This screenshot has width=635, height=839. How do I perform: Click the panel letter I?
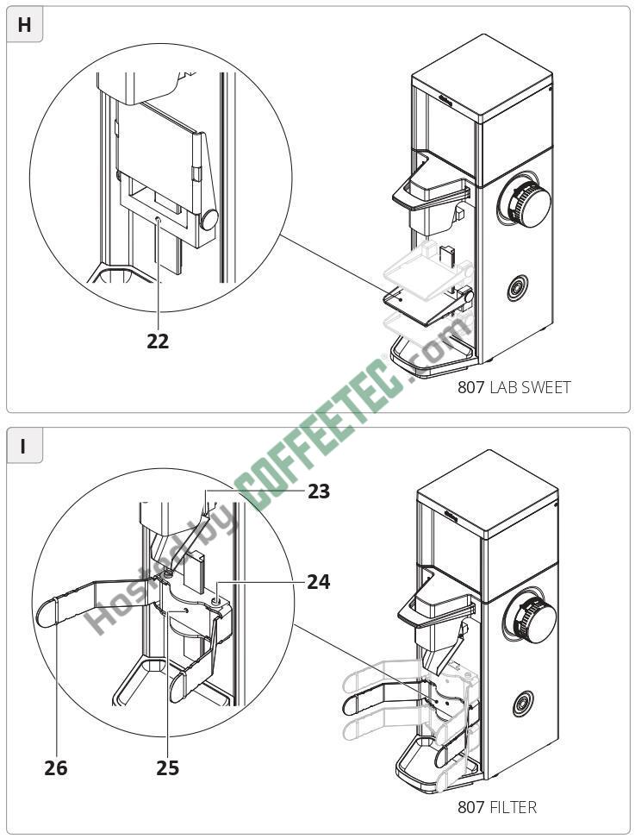click(x=24, y=447)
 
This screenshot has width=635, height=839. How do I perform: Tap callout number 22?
click(x=158, y=341)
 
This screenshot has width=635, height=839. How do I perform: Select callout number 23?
click(x=319, y=492)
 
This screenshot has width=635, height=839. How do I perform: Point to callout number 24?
click(x=319, y=582)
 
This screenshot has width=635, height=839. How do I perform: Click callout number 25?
click(x=168, y=767)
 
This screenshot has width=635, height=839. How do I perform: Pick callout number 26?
click(x=56, y=767)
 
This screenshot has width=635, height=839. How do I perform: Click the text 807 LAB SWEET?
click(x=514, y=388)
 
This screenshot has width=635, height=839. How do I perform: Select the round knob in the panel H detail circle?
click(x=209, y=219)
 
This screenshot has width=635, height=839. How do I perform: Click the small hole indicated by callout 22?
click(x=158, y=222)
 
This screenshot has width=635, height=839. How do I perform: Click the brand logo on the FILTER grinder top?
click(x=448, y=517)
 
